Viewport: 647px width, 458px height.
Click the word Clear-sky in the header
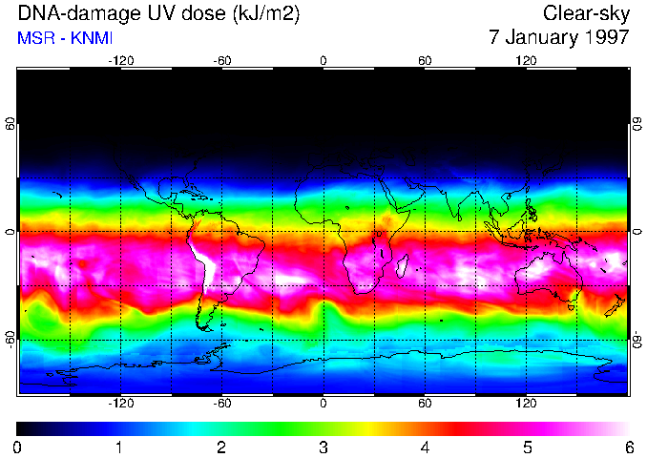click(x=586, y=13)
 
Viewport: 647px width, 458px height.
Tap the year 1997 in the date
click(x=601, y=38)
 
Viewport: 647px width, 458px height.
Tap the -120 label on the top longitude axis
click(x=120, y=60)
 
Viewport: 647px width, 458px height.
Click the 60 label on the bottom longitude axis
click(x=425, y=403)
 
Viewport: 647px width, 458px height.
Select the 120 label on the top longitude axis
click(x=526, y=60)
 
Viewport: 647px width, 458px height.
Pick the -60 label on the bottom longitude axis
click(x=221, y=403)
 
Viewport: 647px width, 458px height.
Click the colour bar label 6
click(x=628, y=448)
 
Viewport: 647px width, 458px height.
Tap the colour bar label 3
click(x=323, y=448)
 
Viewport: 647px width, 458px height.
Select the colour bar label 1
click(x=118, y=448)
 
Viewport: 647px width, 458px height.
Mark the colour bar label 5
click(x=526, y=448)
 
